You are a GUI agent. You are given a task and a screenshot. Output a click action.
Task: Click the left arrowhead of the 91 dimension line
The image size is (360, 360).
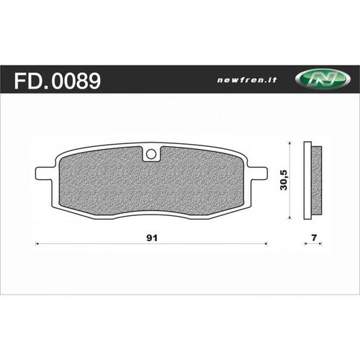(38, 246)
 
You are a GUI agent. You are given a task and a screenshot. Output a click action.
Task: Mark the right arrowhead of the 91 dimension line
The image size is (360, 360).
(266, 246)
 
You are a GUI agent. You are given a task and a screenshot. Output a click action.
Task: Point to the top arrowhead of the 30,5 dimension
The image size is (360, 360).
(289, 143)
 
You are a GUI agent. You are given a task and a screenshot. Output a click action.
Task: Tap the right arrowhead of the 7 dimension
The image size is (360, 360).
(320, 246)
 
